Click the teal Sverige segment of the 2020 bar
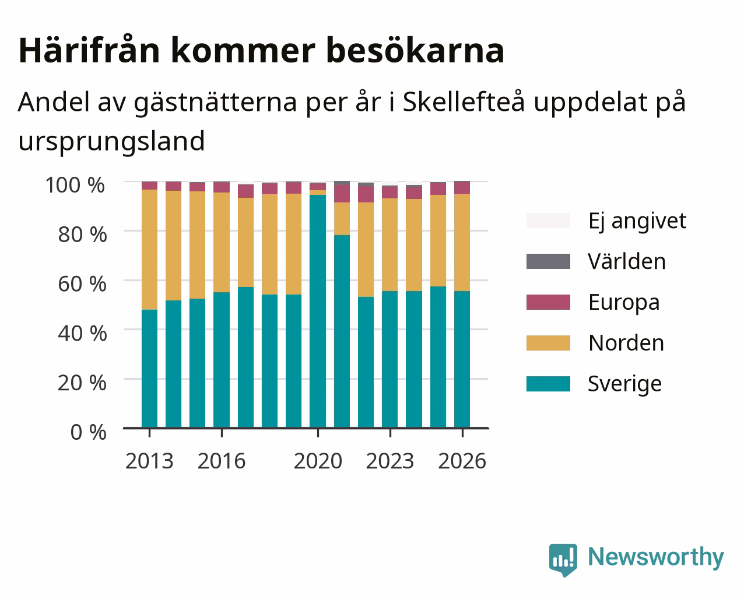pyautogui.click(x=318, y=311)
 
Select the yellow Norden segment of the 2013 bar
pyautogui.click(x=149, y=250)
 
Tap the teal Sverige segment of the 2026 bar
pyautogui.click(x=462, y=359)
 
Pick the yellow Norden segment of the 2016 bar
pyautogui.click(x=221, y=242)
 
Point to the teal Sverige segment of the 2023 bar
pyautogui.click(x=389, y=359)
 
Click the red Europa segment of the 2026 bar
pyautogui.click(x=462, y=188)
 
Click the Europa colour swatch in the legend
pyautogui.click(x=548, y=302)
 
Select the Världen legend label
pyautogui.click(x=626, y=261)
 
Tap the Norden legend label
pyautogui.click(x=626, y=343)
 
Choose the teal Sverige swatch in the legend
pyautogui.click(x=548, y=384)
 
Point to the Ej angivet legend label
pyautogui.click(x=637, y=222)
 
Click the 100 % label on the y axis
pyautogui.click(x=75, y=185)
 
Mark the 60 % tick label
pyautogui.click(x=82, y=284)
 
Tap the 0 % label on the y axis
pyautogui.click(x=88, y=432)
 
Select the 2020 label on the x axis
pyautogui.click(x=318, y=461)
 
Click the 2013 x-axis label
pyautogui.click(x=149, y=461)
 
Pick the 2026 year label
pyautogui.click(x=462, y=461)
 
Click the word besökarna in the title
pyautogui.click(x=415, y=51)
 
